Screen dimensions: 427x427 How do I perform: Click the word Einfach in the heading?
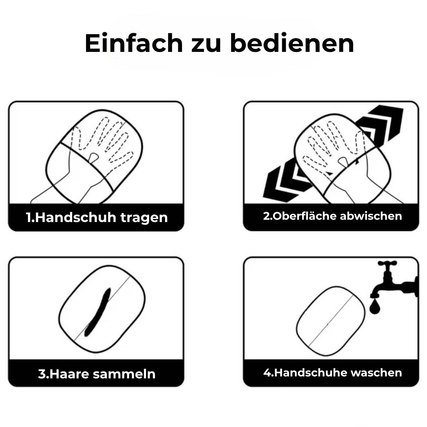pyautogui.click(x=134, y=43)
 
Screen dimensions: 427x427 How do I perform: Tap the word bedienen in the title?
pyautogui.click(x=292, y=43)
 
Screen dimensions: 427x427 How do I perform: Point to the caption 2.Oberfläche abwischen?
pyautogui.click(x=332, y=216)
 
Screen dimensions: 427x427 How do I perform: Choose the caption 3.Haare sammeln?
pyautogui.click(x=97, y=374)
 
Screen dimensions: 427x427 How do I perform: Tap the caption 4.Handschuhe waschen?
pyautogui.click(x=332, y=372)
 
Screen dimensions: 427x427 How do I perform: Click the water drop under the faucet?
pyautogui.click(x=374, y=306)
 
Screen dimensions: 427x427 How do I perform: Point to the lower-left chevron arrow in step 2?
pyautogui.click(x=286, y=179)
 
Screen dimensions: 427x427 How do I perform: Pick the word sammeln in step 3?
pyautogui.click(x=124, y=374)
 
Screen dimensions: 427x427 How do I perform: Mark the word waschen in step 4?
pyautogui.click(x=376, y=372)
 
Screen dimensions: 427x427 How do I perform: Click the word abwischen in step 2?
pyautogui.click(x=371, y=216)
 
